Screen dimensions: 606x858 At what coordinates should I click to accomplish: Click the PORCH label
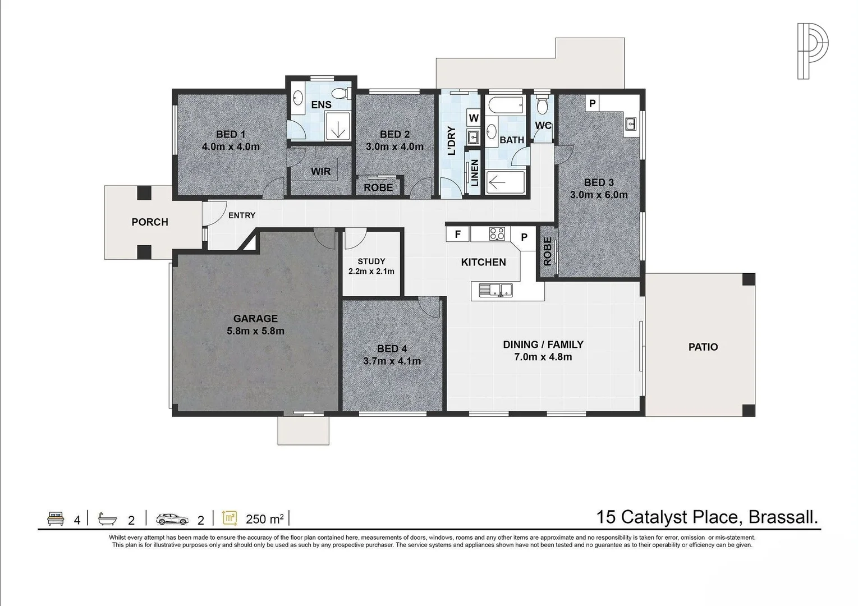point(150,222)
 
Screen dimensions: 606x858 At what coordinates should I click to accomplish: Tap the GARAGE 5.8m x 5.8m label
point(255,325)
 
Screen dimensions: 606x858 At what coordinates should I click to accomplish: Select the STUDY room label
point(371,266)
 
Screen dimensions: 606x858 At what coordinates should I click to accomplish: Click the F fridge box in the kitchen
point(458,235)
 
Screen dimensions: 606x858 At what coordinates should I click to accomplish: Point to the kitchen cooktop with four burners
point(497,233)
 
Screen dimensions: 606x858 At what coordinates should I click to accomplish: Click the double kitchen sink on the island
point(496,290)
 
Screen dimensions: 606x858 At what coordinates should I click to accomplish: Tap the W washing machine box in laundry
point(474,118)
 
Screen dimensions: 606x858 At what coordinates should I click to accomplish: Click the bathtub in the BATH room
point(505,105)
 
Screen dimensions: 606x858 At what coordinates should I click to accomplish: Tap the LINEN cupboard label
point(475,173)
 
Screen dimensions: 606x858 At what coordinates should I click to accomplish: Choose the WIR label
point(321,172)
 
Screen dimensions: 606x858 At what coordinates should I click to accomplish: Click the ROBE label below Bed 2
point(378,187)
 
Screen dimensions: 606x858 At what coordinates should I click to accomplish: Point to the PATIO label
point(703,347)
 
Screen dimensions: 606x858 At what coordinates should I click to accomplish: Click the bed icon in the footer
point(55,517)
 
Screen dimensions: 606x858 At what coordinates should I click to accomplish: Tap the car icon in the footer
point(173,518)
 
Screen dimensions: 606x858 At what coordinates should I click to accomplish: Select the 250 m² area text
point(264,519)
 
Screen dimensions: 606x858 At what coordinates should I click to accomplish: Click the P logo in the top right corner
point(813,51)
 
